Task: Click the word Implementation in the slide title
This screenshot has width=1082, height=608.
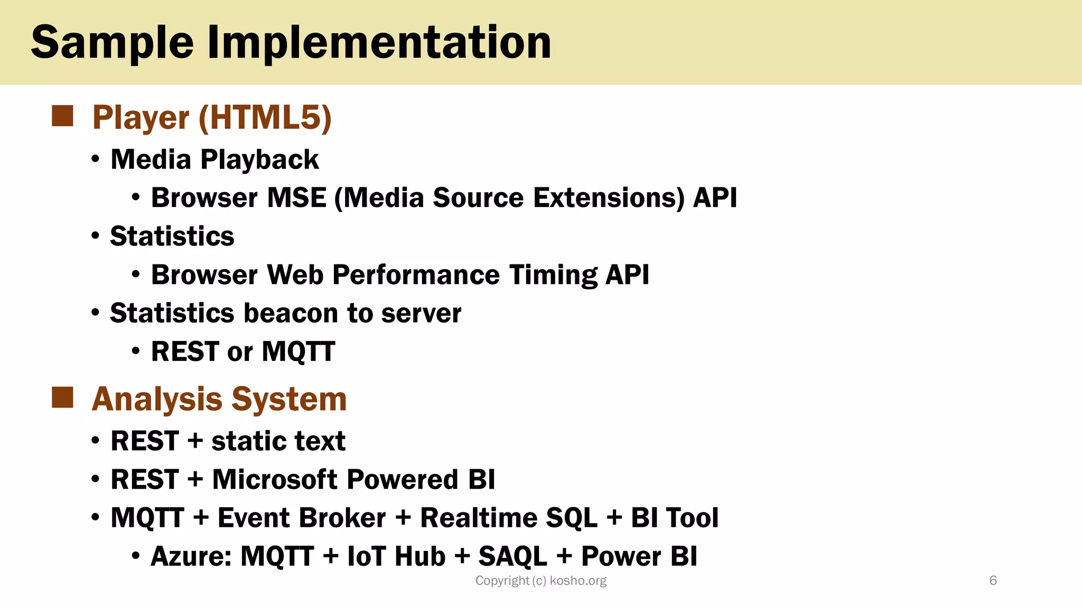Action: point(379,43)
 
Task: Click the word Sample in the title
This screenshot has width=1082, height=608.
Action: point(113,43)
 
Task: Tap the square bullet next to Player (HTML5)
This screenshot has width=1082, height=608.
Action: point(62,116)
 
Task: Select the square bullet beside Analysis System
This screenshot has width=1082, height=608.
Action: point(62,397)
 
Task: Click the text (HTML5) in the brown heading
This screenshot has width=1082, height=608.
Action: point(265,117)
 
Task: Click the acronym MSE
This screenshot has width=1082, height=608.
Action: point(296,198)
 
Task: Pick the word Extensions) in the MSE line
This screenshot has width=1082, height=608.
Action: point(609,198)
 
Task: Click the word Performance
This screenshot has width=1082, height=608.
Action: point(416,275)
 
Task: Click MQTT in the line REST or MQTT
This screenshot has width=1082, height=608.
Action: point(298,352)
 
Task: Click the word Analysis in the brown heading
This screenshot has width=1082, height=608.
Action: point(157,399)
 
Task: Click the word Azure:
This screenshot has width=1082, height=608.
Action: point(191,556)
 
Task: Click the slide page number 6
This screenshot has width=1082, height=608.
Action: point(993,581)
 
